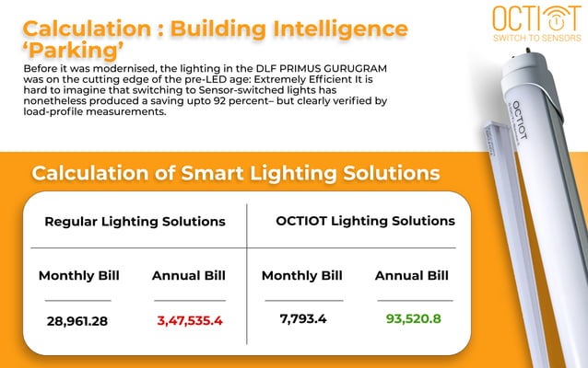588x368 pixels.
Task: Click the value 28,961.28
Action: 78,321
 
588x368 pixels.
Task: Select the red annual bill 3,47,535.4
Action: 190,321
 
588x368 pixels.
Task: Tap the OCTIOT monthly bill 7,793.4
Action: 302,318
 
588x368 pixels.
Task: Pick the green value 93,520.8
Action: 414,318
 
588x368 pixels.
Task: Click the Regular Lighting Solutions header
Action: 135,222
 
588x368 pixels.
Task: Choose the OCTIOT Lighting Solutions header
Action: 365,221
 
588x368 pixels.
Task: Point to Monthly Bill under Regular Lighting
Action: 78,276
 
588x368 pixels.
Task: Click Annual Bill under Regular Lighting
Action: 189,276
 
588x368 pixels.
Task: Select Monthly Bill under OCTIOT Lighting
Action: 302,275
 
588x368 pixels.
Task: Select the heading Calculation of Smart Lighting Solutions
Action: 235,173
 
